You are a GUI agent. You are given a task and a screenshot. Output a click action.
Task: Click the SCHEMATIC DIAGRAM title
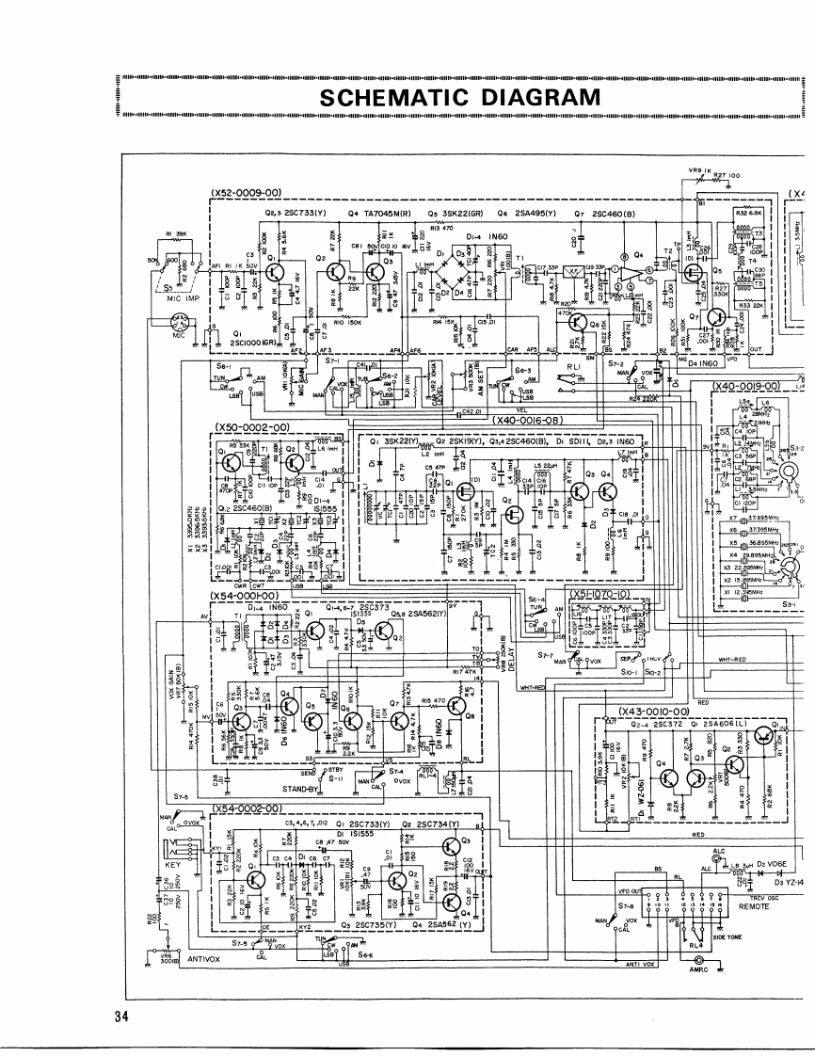(x=459, y=98)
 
